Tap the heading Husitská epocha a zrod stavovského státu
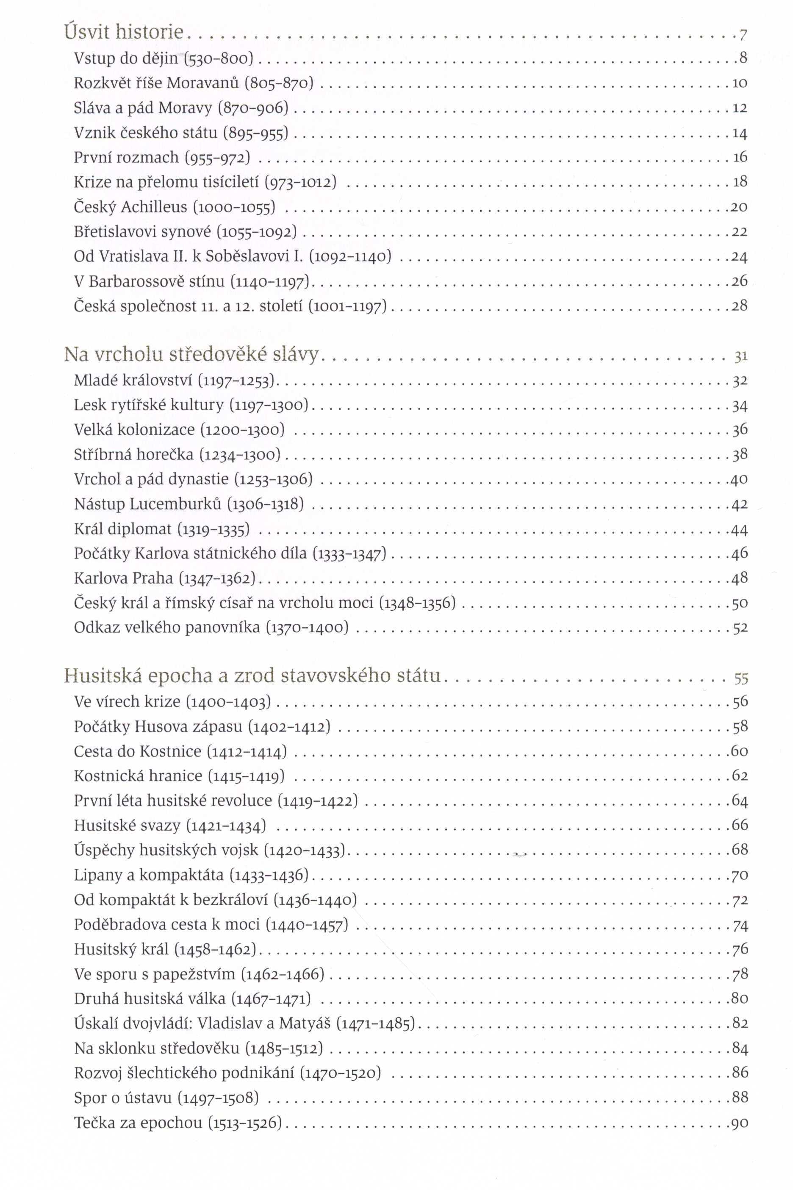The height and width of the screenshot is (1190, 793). [252, 676]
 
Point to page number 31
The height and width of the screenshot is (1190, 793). [740, 357]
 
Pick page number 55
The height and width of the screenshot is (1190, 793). [740, 678]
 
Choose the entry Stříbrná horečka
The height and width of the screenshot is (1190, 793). [133, 454]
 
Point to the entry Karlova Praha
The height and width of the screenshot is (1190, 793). [123, 578]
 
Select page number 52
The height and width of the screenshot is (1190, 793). [740, 628]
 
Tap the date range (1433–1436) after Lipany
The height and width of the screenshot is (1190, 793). [269, 875]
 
